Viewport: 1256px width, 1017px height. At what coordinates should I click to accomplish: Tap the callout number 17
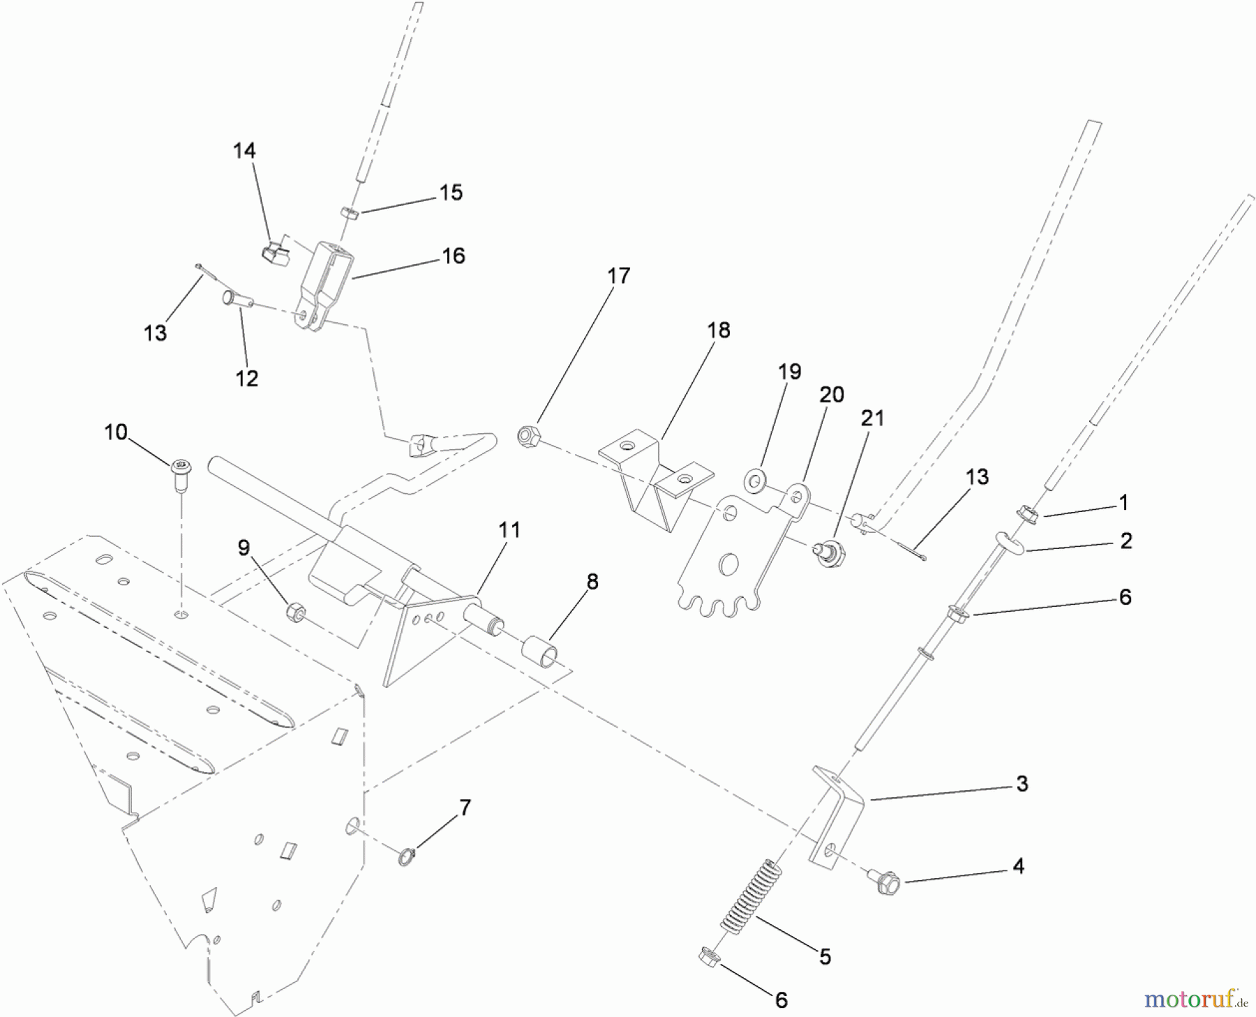tap(618, 276)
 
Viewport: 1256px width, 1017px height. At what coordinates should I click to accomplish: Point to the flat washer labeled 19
tap(754, 479)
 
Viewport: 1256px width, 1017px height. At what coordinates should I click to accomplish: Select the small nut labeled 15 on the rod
tap(350, 212)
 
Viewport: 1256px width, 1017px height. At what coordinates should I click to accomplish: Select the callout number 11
tap(509, 531)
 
